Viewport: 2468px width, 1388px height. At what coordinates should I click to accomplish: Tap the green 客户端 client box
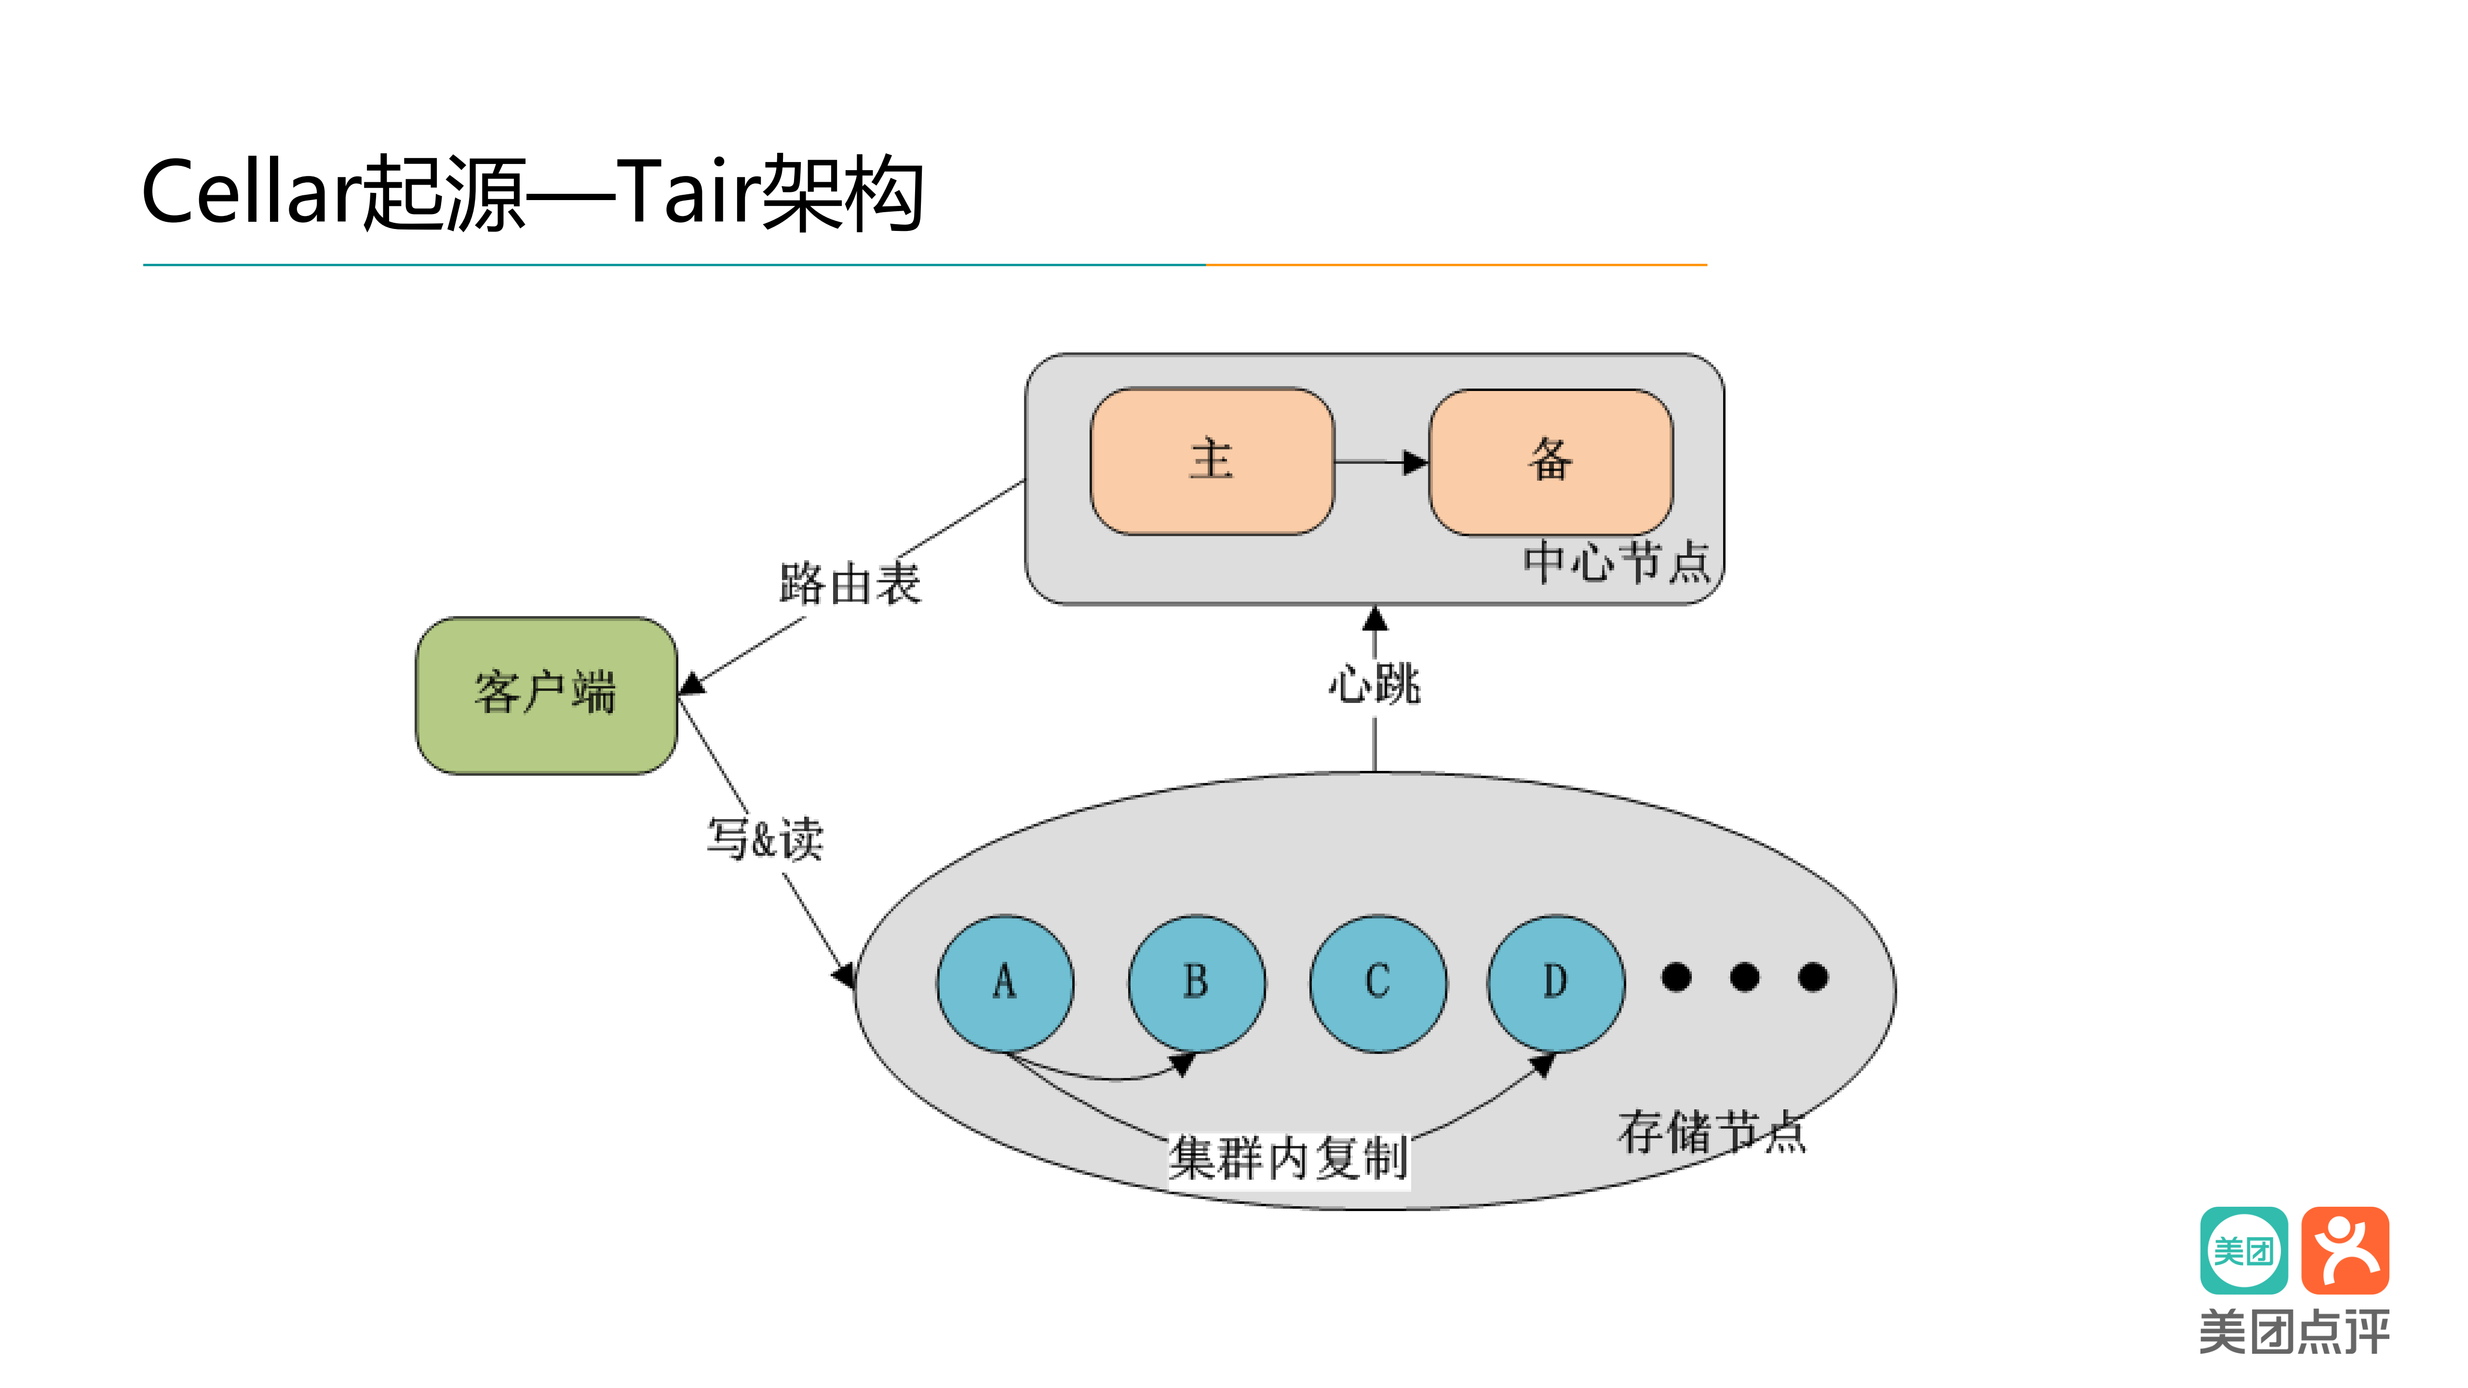point(546,694)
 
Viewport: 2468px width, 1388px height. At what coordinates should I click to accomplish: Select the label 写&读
point(765,839)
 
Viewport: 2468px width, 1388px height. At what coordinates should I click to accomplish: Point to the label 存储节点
point(1711,1132)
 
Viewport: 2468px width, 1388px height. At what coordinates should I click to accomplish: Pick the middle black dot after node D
point(1745,977)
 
